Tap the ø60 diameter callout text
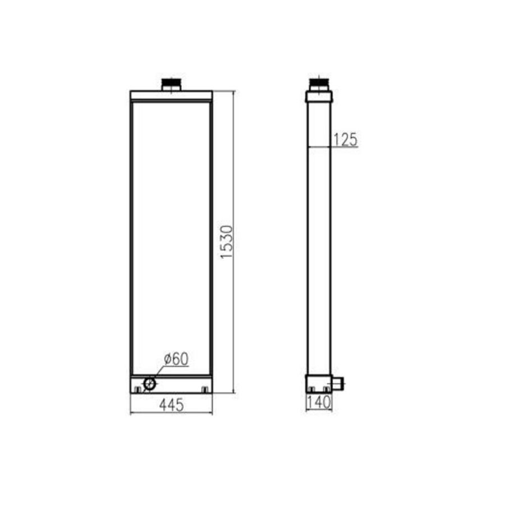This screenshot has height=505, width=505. pos(176,359)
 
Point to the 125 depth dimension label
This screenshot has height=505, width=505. pos(346,140)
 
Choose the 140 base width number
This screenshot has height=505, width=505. pos(319,402)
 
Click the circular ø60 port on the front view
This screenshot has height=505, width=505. pos(150,384)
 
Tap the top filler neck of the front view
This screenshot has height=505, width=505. pos(171,85)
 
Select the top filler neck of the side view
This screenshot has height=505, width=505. pos(319,85)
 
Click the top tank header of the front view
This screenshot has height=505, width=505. pos(171,95)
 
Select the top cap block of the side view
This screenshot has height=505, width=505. pos(319,97)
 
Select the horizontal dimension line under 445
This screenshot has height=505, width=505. pos(171,414)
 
